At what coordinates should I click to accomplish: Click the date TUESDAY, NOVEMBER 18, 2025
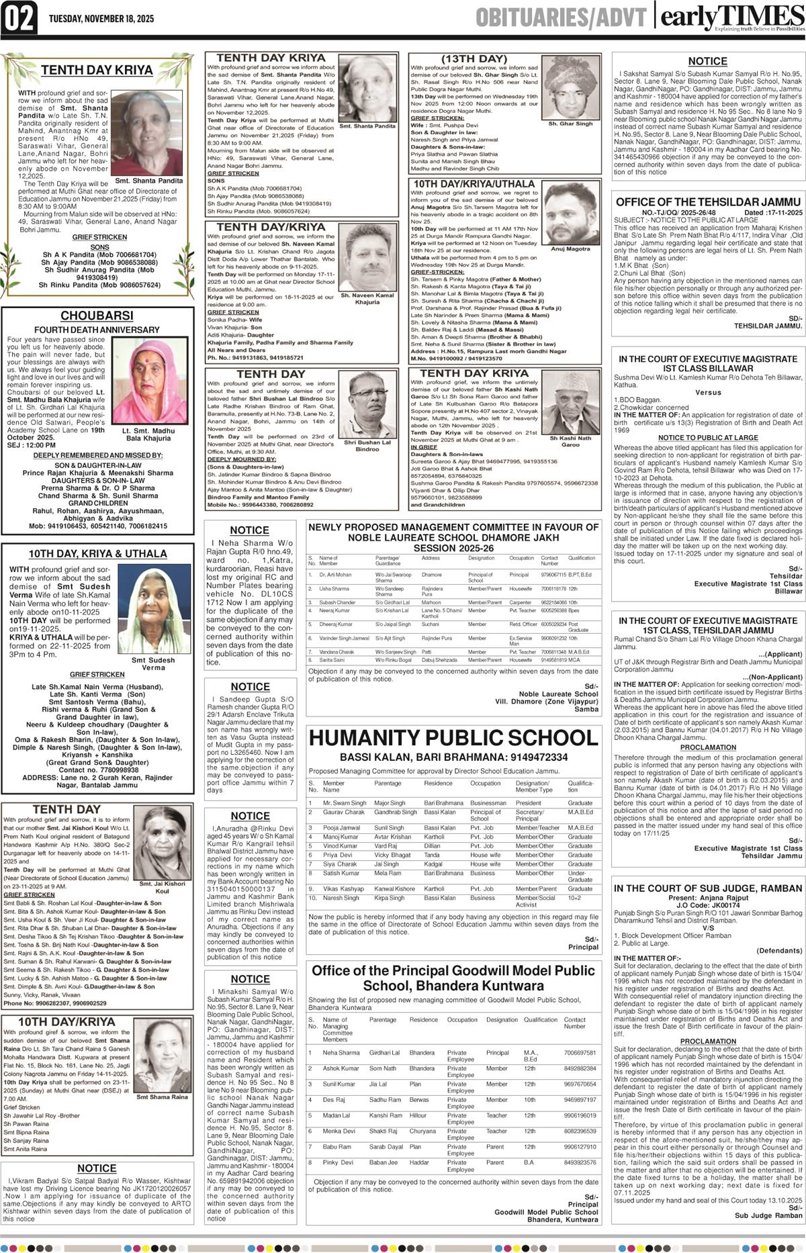101,19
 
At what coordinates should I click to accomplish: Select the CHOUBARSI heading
97,316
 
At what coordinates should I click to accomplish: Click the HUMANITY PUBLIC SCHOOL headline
453,738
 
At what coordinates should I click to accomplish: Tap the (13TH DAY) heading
474,58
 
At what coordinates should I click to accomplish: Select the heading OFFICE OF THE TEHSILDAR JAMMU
708,202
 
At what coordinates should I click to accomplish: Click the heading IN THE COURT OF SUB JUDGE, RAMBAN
708,888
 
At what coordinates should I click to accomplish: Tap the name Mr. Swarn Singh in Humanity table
345,803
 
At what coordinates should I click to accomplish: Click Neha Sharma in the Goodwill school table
341,1053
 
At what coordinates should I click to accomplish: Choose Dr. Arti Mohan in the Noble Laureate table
335,575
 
